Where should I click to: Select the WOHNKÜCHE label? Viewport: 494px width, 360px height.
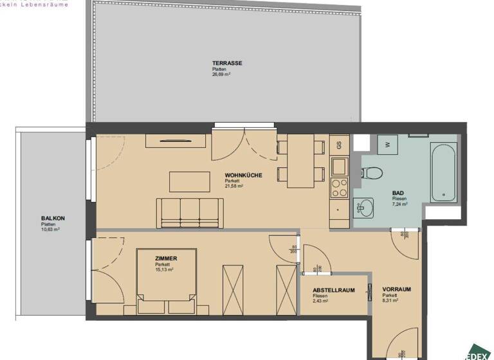point(243,175)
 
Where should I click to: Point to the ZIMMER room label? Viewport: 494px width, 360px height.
point(166,258)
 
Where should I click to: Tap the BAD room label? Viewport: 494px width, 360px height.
point(398,193)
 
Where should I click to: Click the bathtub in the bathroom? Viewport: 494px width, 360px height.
point(444,173)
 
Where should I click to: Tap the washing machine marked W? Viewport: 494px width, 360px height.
point(388,145)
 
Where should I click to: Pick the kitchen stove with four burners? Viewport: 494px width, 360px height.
point(339,188)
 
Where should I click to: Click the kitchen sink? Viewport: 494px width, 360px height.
point(338,166)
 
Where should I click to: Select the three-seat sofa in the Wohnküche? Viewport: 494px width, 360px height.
point(190,212)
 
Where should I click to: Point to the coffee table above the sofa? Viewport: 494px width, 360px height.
point(190,181)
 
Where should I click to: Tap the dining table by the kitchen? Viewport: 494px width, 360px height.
point(300,161)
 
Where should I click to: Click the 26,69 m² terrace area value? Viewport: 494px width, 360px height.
point(221,74)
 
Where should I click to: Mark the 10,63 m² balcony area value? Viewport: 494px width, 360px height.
point(50,230)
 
